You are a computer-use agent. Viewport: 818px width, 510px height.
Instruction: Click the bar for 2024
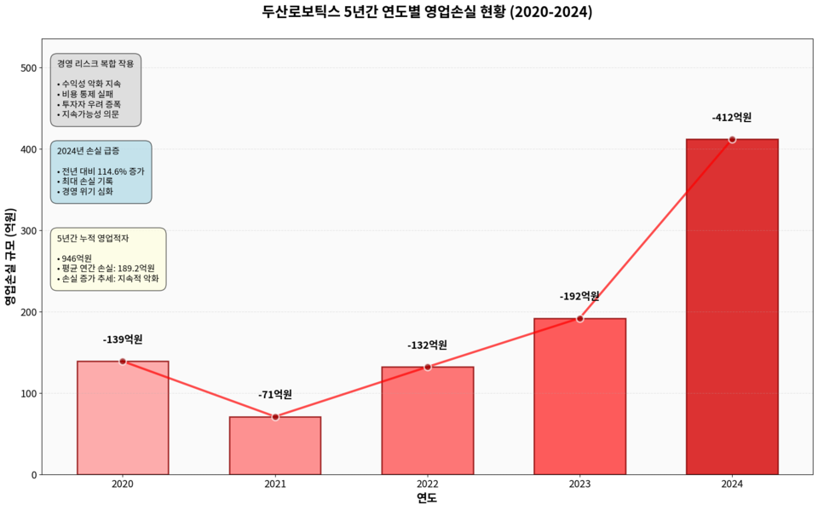[732, 307]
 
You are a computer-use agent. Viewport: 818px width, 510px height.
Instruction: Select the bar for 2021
[275, 445]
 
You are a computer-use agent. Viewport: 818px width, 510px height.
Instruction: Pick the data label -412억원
[732, 118]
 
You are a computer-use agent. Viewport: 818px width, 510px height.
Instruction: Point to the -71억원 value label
[275, 394]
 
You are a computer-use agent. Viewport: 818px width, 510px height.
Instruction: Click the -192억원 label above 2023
[579, 296]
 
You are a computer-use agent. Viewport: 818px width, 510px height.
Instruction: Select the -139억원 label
[123, 339]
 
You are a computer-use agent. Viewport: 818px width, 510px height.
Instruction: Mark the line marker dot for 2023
[579, 318]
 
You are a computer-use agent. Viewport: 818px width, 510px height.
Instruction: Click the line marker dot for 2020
[123, 362]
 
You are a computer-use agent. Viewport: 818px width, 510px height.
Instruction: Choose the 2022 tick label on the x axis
[428, 484]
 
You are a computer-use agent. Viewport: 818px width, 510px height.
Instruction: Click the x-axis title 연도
[427, 498]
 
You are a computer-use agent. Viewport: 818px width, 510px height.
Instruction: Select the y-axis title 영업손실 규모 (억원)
[9, 257]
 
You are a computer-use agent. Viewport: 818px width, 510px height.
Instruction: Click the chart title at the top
[427, 13]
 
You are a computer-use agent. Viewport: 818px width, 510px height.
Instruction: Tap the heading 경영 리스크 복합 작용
[95, 64]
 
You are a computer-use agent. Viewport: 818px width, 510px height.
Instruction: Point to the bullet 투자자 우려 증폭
[89, 104]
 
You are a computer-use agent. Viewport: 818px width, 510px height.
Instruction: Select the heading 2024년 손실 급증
[89, 151]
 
